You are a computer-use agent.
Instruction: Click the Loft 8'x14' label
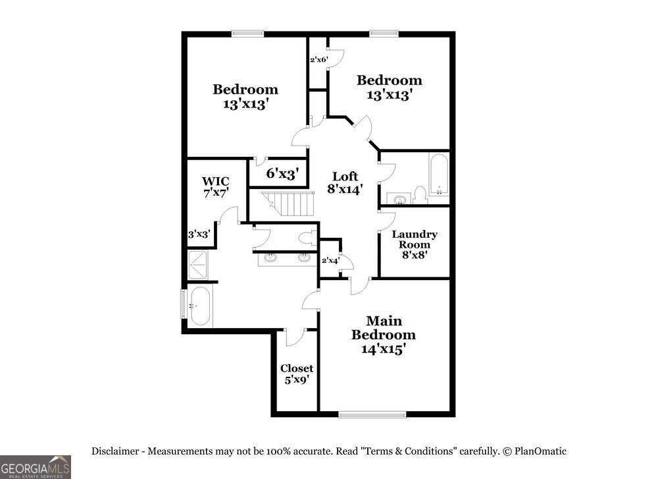coord(345,183)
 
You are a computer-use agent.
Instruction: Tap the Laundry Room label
coord(415,239)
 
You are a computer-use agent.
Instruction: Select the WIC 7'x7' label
coord(216,187)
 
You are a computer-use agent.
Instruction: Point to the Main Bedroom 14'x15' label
coord(384,335)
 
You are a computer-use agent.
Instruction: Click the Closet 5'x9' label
coord(297,374)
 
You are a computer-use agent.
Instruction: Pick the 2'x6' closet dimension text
coord(318,60)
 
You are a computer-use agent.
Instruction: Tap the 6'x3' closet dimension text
coord(282,173)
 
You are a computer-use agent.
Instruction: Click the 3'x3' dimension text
coord(199,234)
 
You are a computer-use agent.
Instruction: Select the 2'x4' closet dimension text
coord(330,260)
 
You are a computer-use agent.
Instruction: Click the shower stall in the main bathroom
coord(197,265)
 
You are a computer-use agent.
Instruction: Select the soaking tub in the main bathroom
coord(199,306)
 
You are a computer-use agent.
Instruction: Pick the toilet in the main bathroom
coord(309,238)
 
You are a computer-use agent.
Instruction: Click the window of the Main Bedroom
coord(372,415)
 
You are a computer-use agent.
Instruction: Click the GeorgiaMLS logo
coord(35,467)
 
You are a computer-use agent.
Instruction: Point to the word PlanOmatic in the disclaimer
coord(540,451)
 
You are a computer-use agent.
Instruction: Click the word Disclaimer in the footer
coord(115,451)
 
